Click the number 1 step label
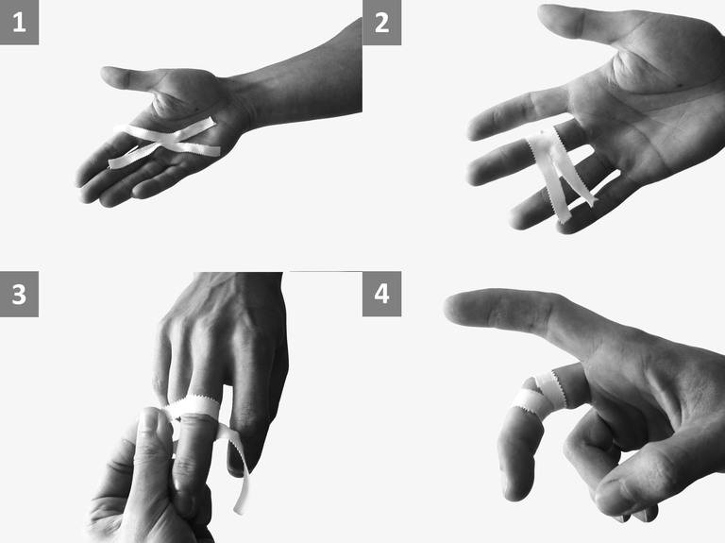[19, 22]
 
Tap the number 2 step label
[381, 23]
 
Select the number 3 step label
[19, 294]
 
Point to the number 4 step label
[381, 294]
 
